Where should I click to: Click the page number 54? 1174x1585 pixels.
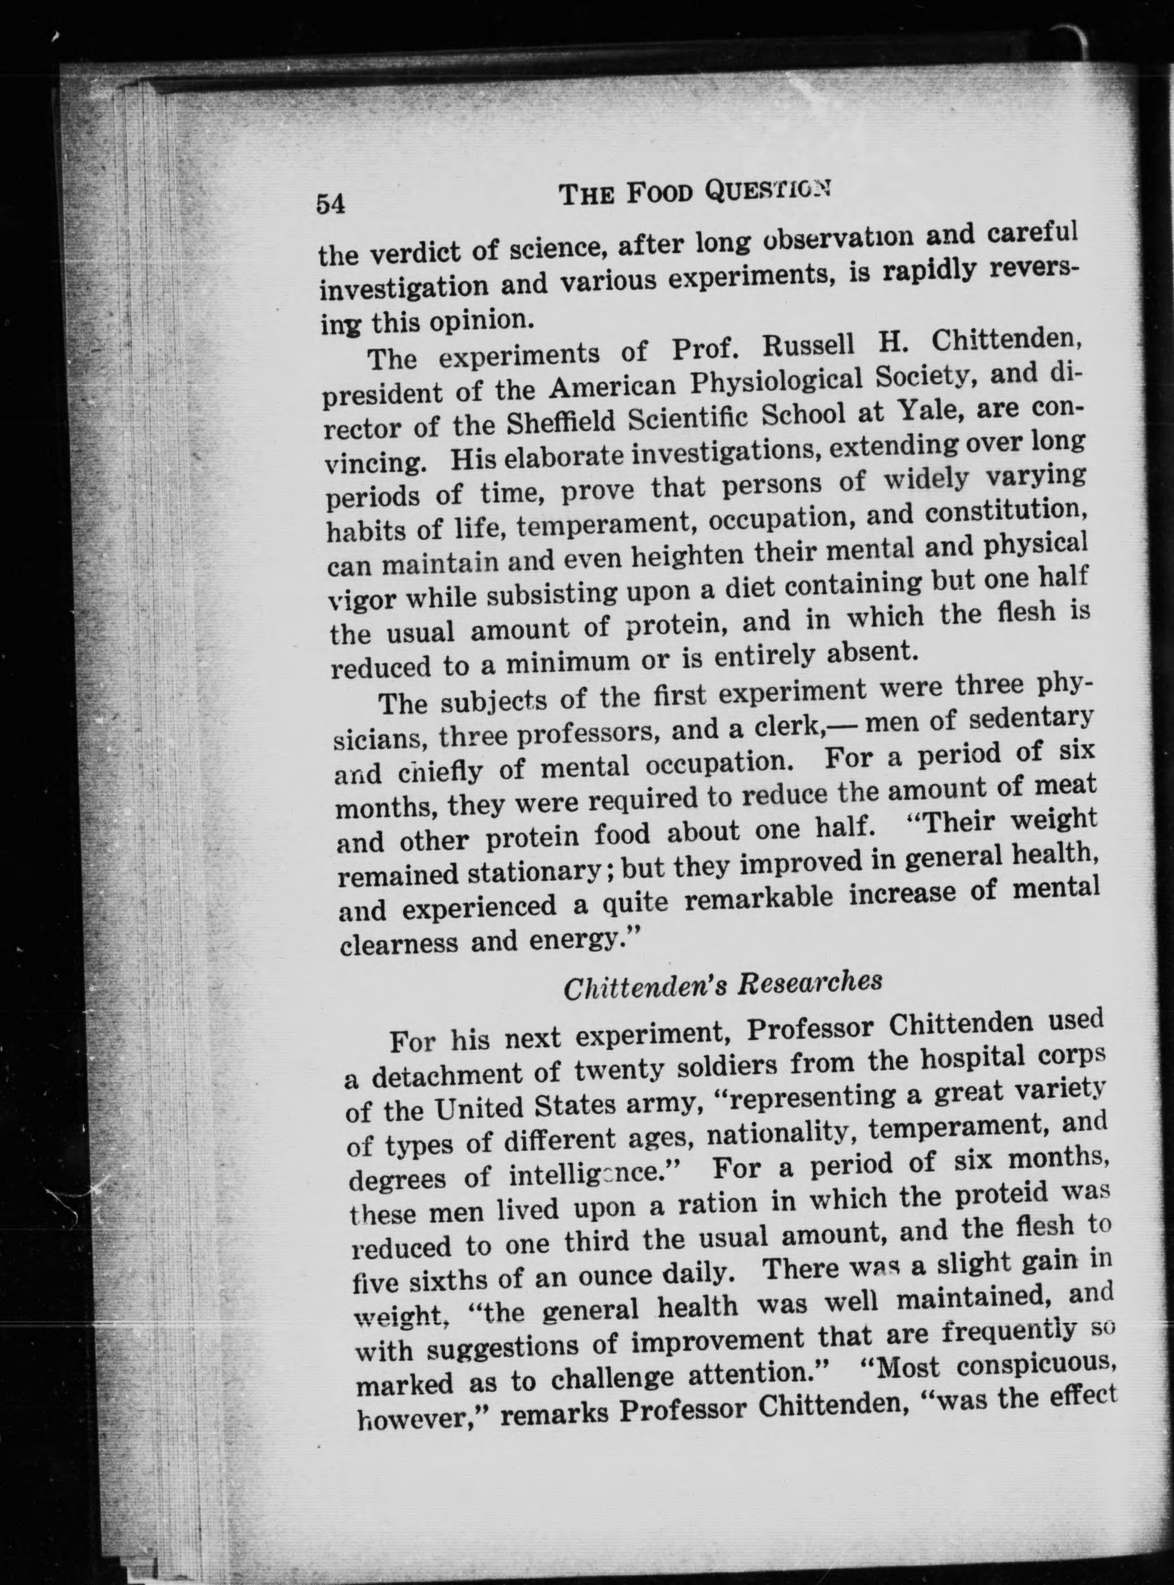point(331,204)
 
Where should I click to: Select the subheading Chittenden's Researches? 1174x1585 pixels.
point(723,986)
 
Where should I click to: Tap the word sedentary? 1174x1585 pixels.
point(1030,719)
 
